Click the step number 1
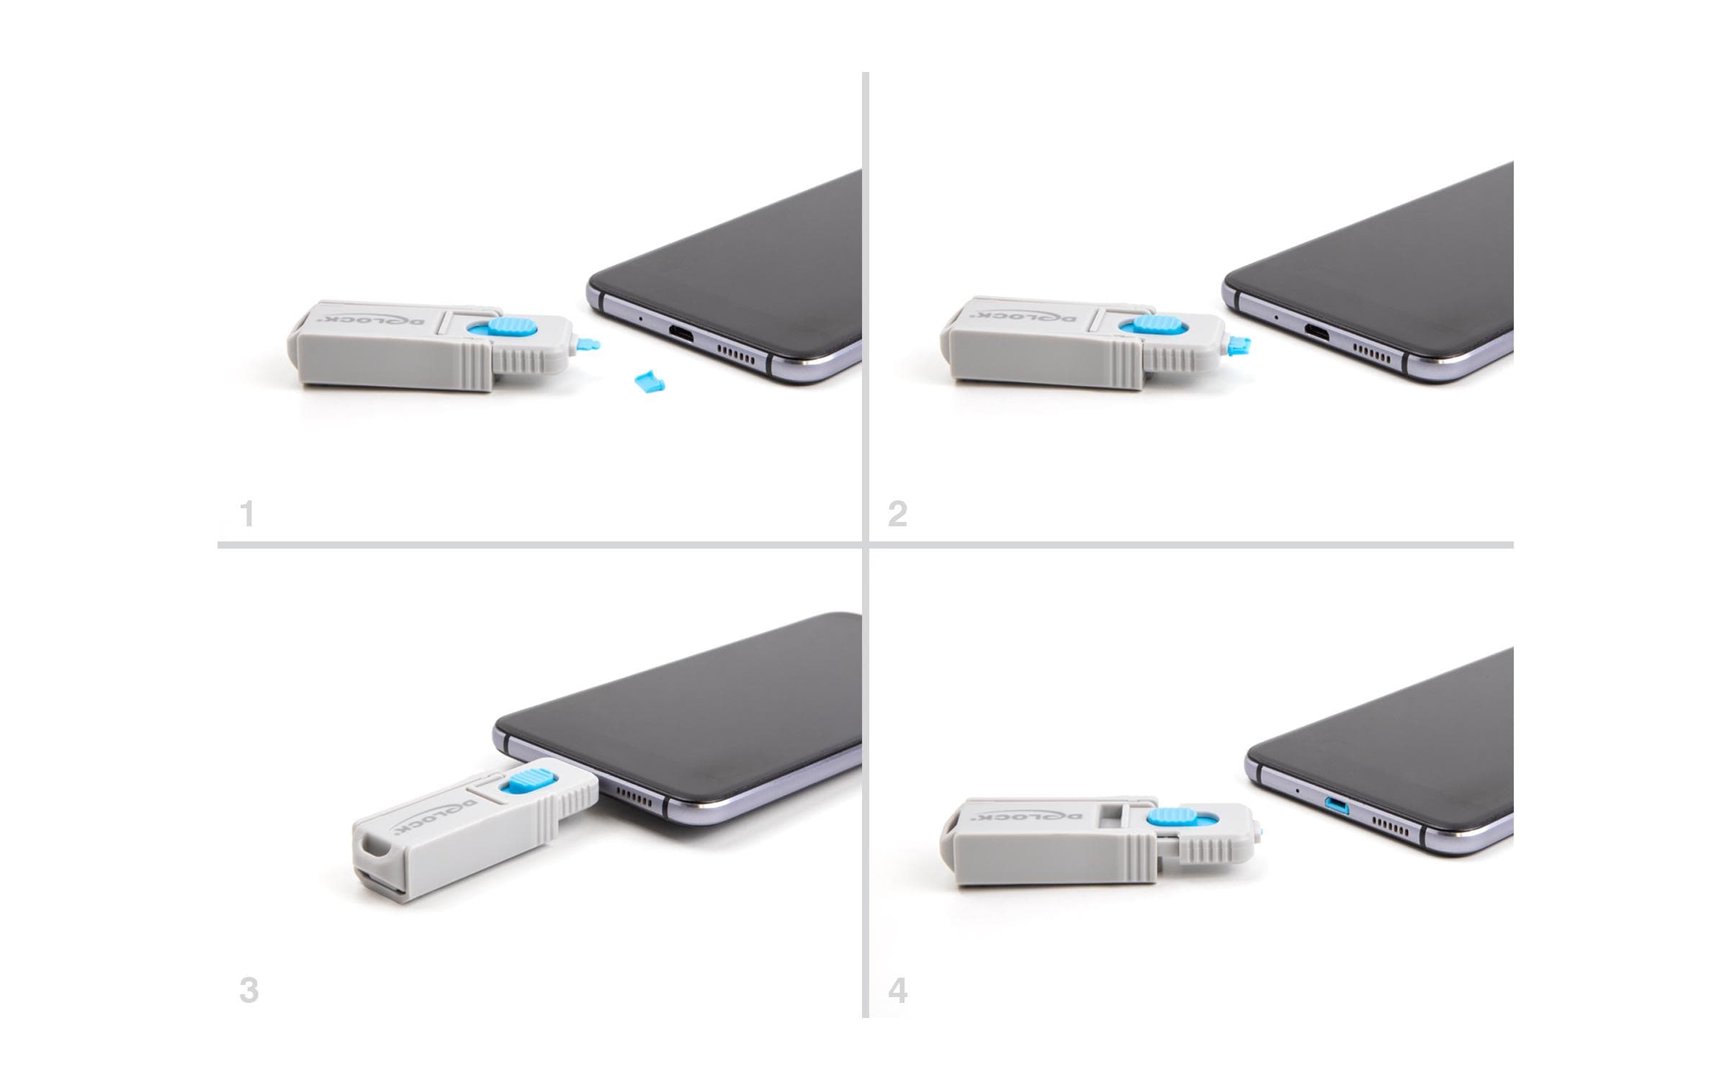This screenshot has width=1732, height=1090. click(248, 515)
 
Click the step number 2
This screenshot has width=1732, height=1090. click(897, 515)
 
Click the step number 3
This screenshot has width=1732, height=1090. click(248, 990)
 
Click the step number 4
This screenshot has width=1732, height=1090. click(897, 991)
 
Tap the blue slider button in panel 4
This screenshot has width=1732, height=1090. click(1170, 818)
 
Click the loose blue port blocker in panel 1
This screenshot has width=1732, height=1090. click(649, 381)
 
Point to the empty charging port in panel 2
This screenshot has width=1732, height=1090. click(1317, 331)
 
